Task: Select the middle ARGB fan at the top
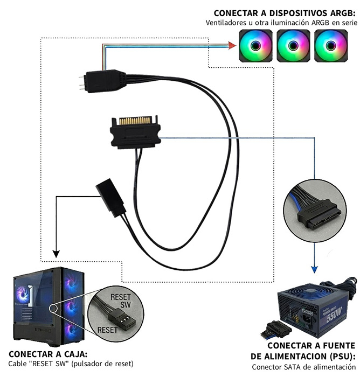293,46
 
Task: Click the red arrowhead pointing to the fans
232,46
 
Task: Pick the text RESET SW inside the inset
121,301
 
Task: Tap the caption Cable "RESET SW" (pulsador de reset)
71,364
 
